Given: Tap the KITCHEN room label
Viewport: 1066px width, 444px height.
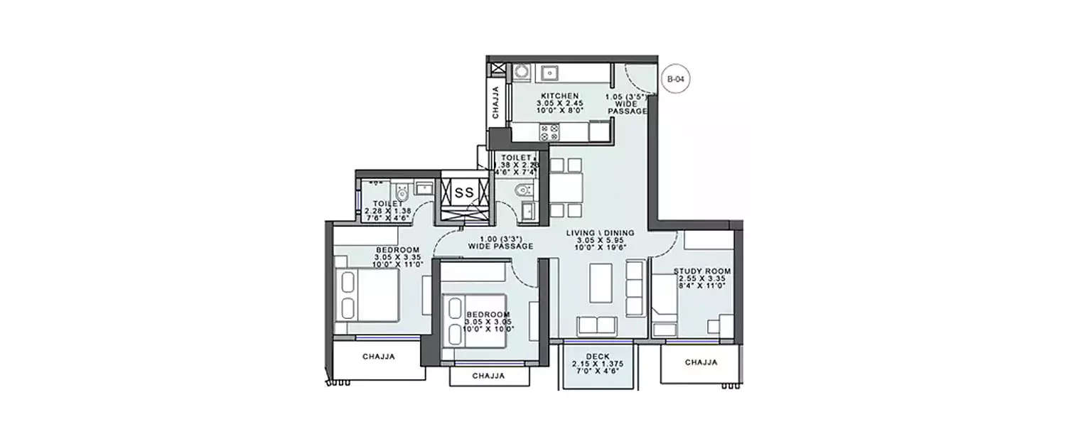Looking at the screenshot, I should click(x=559, y=95).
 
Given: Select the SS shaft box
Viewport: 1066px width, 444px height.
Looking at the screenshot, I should click(x=465, y=192).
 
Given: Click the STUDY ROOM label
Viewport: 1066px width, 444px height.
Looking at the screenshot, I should click(x=702, y=271).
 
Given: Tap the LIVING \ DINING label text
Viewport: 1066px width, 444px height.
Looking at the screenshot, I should click(x=600, y=233).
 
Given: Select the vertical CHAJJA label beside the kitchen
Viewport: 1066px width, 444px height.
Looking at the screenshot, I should click(x=496, y=104).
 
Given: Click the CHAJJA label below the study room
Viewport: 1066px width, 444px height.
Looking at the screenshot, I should click(x=701, y=362).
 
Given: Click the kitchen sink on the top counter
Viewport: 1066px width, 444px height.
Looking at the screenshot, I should click(x=551, y=72).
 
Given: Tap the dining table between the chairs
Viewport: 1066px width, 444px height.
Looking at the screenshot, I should click(x=566, y=188).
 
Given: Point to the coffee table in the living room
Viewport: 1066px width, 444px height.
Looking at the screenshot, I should click(x=601, y=282).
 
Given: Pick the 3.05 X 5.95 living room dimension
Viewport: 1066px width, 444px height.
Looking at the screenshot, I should click(x=601, y=241).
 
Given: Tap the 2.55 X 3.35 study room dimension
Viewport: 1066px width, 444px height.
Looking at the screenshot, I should click(x=702, y=279).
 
